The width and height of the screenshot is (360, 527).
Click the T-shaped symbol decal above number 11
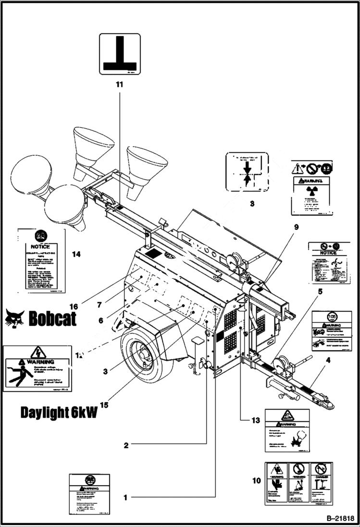point(120,54)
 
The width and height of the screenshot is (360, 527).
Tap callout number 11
point(119,85)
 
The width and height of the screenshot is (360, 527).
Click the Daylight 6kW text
point(59,412)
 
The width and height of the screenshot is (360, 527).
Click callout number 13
point(255,421)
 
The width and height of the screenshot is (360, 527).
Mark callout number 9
point(296,226)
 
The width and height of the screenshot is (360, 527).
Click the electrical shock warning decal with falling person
point(37,368)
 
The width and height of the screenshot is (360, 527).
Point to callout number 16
point(74,306)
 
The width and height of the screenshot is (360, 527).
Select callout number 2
point(126,445)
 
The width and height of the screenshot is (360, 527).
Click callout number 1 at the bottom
point(125,497)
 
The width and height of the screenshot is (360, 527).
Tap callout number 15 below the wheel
point(104,404)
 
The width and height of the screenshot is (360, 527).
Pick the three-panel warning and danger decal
point(298,484)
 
